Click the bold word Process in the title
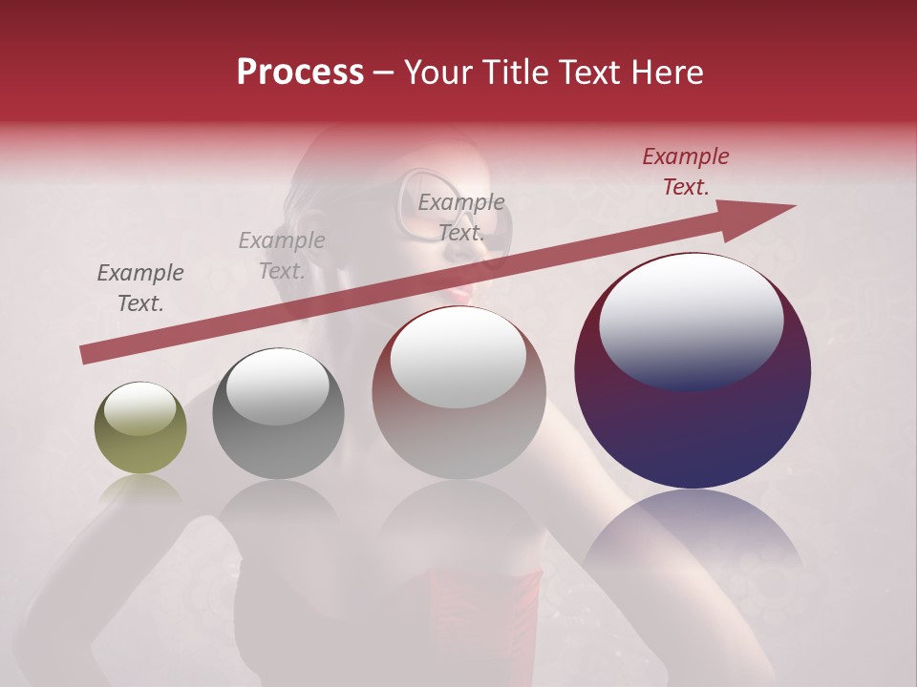(x=300, y=73)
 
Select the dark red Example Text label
(x=685, y=172)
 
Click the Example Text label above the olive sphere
(x=140, y=288)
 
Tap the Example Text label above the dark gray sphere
(x=281, y=256)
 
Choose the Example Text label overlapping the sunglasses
(x=460, y=218)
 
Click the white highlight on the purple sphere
(x=691, y=321)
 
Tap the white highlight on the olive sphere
(x=139, y=409)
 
